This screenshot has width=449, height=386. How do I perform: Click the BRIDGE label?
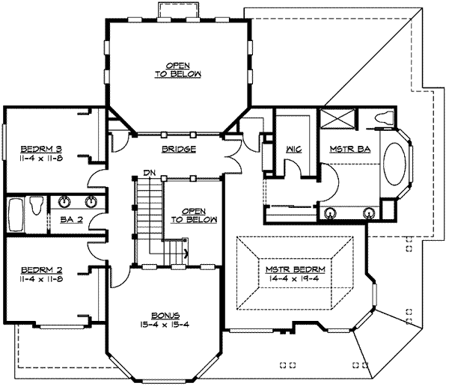point(179,149)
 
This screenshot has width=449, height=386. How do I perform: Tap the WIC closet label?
point(293,149)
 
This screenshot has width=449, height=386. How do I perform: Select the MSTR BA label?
point(350,149)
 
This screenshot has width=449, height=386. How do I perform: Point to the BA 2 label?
point(72,219)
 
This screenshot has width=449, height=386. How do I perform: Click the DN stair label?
point(149,173)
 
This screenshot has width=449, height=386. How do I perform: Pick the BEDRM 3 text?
point(41,149)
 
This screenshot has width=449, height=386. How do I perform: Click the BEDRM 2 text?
point(42,270)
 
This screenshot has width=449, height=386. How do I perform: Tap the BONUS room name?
point(165,316)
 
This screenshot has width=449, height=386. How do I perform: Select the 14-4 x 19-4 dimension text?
point(294,278)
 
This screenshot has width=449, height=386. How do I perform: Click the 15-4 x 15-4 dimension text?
point(165,325)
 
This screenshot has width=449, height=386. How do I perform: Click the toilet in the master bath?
point(383,118)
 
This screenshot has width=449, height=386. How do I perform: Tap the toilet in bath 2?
point(37,205)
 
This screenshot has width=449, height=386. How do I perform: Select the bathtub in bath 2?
point(16,215)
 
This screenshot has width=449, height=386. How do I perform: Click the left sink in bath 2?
point(64,201)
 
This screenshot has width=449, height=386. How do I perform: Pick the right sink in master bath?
point(369,213)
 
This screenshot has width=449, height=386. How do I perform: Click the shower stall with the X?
point(337,119)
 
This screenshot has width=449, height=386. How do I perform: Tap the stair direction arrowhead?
point(186,253)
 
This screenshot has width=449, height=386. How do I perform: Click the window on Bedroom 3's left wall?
point(4,142)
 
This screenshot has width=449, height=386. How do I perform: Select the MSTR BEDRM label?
point(296,269)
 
